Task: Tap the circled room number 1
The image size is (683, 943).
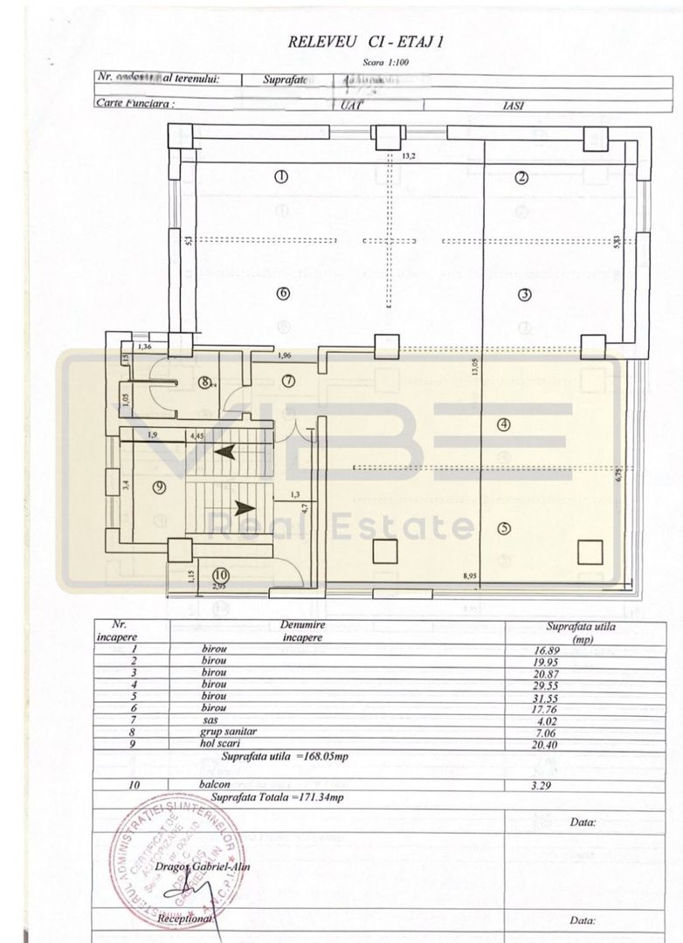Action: point(281,176)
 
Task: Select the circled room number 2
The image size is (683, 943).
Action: point(521,177)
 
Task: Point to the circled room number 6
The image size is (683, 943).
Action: point(282,293)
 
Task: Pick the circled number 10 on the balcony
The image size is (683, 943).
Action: point(221,575)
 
